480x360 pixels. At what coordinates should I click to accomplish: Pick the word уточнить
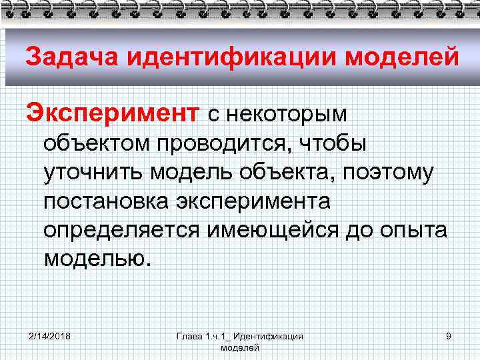click(x=95, y=172)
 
